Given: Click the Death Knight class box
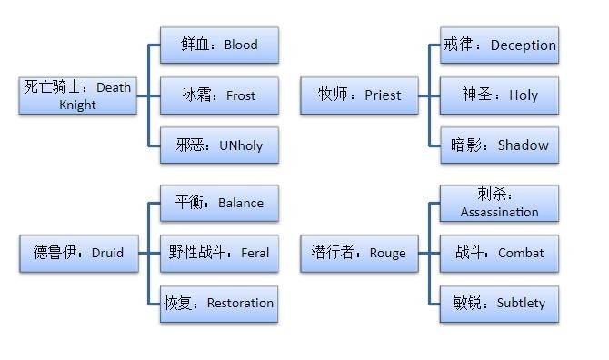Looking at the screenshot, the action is tap(77, 95).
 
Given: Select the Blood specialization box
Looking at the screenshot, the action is tap(219, 45).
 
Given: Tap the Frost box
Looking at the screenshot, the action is tap(219, 95).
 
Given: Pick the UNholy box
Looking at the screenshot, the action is tap(219, 145).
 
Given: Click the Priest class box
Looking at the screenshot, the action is tap(359, 95).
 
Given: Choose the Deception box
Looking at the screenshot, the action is tap(500, 45).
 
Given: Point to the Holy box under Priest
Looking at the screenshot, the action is tap(500, 95).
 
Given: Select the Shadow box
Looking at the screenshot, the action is tap(500, 145).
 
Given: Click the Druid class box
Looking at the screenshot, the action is tap(79, 254).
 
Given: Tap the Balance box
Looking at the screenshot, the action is tap(219, 203).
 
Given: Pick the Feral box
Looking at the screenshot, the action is tap(219, 254).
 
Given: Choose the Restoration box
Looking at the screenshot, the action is tap(219, 304).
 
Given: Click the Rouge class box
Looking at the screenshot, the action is tap(359, 254).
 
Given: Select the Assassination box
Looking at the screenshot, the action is tap(500, 203).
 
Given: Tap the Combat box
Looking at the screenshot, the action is tap(500, 254).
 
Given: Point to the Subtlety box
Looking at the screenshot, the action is tap(500, 304).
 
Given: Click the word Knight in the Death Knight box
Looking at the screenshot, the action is tap(77, 105).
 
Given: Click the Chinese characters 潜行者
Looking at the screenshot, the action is tap(334, 253).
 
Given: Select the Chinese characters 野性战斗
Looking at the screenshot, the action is tap(197, 253).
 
